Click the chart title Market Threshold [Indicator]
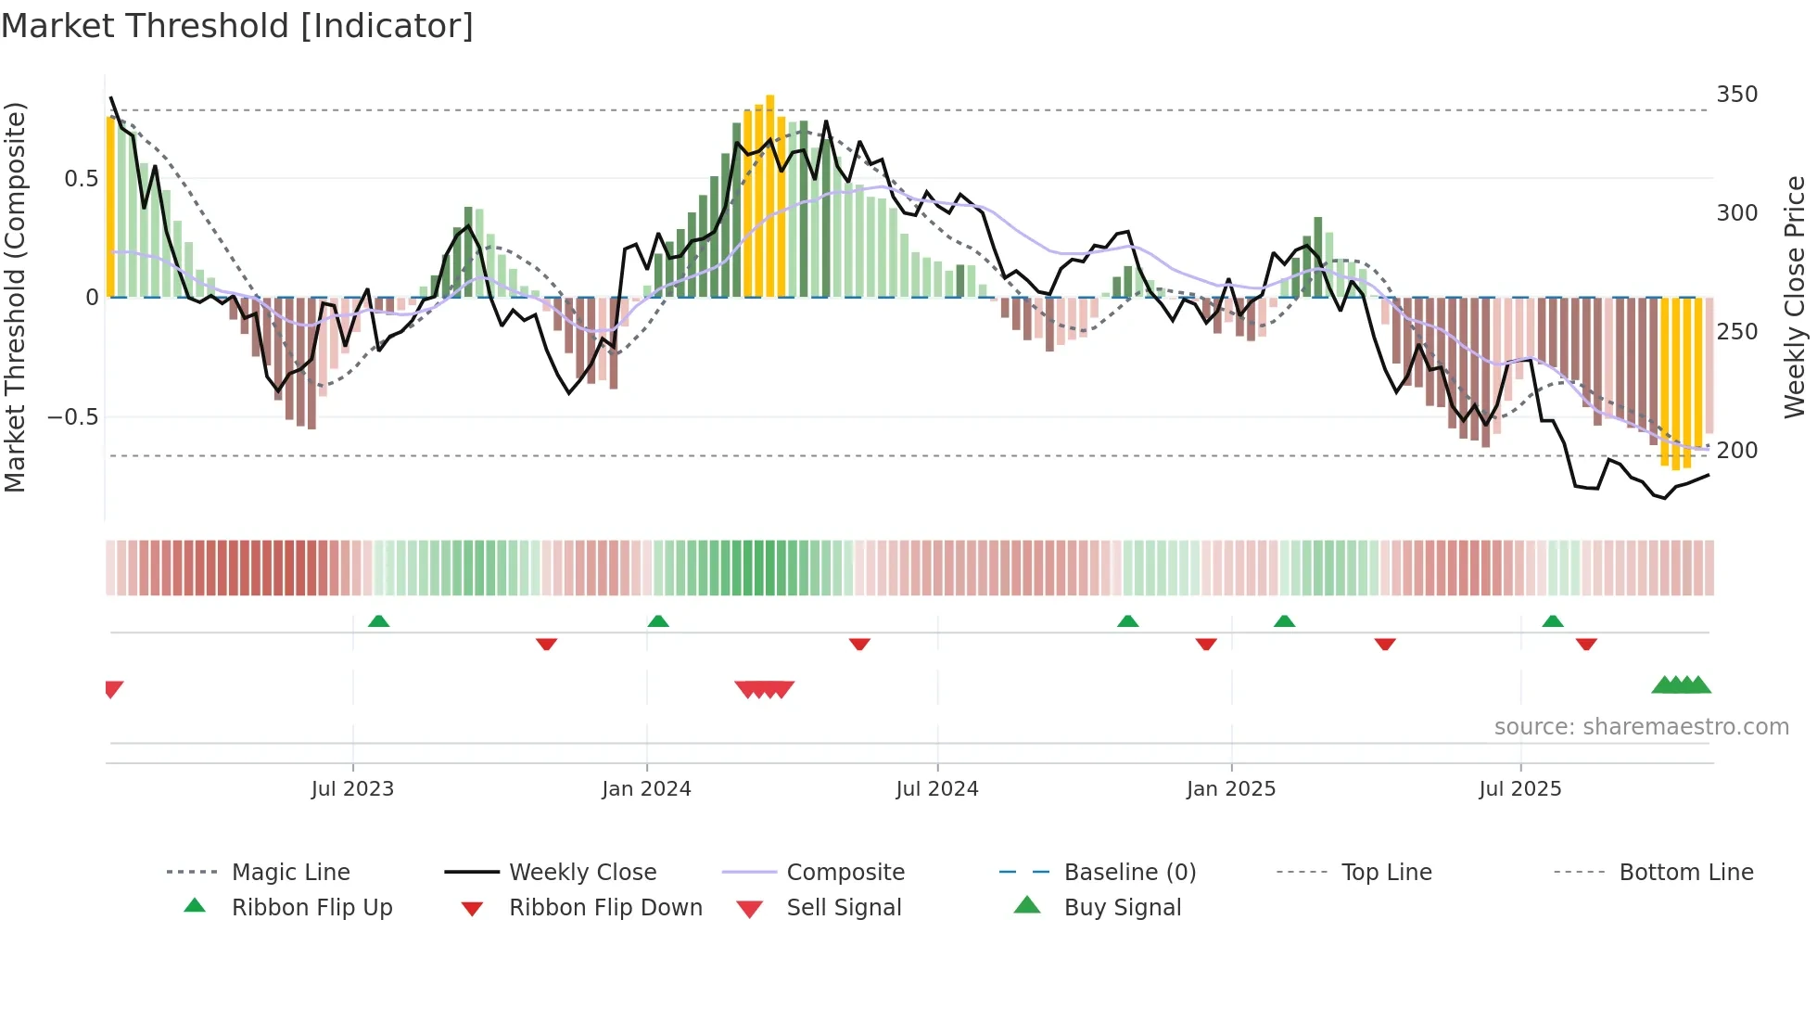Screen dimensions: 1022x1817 point(237,26)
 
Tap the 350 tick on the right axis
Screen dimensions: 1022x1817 point(1736,95)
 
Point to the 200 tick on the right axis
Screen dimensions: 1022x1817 point(1736,451)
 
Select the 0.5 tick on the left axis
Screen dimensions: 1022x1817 point(81,179)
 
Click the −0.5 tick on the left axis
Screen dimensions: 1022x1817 point(73,417)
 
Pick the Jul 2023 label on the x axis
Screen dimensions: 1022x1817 point(352,789)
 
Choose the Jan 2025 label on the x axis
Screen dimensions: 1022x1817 point(1230,789)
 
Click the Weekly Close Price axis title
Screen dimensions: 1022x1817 point(1795,297)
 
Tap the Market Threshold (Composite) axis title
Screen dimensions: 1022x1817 point(15,297)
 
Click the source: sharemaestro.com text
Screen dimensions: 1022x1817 point(1641,727)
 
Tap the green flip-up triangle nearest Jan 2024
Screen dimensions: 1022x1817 point(658,621)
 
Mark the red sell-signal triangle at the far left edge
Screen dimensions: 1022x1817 point(113,689)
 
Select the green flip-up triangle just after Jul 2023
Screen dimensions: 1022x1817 point(378,621)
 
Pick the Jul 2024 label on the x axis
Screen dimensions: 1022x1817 point(936,789)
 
